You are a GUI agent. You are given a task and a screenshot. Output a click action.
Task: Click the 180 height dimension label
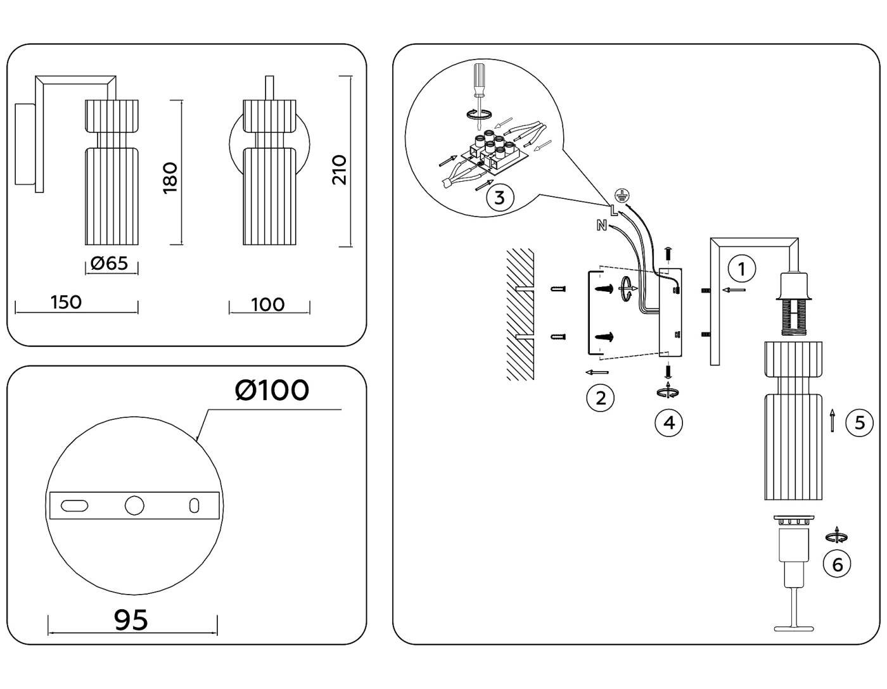point(170,177)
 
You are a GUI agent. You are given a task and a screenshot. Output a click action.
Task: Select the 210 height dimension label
point(340,169)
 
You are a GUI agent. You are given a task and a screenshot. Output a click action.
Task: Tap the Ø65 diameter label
point(110,263)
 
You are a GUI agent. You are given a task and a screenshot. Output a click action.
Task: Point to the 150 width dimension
point(67,302)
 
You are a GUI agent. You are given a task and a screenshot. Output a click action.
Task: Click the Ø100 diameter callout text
point(272,390)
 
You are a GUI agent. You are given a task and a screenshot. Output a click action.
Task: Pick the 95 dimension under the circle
point(131,620)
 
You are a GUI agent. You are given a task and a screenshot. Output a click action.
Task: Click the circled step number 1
point(741,269)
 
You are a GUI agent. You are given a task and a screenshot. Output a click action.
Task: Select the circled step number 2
point(600,398)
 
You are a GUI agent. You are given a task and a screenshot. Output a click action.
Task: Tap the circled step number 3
point(499,198)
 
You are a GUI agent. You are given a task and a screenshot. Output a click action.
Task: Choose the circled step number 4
point(669,422)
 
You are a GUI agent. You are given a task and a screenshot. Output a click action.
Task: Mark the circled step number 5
point(859,422)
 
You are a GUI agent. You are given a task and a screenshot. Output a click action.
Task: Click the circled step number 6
point(837,564)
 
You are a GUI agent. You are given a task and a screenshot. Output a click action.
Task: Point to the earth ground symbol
point(622,196)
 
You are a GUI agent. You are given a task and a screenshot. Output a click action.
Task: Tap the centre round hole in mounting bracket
point(134,505)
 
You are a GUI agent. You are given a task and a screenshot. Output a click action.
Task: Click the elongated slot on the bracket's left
point(74,505)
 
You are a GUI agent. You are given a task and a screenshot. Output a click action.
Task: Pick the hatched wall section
point(520,314)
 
